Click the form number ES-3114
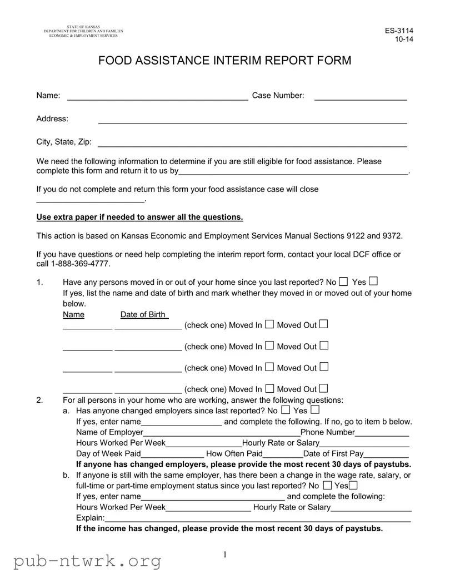pyautogui.click(x=399, y=31)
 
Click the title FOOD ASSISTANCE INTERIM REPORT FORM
pyautogui.click(x=224, y=61)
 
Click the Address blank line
pyautogui.click(x=252, y=120)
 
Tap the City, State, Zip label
pyautogui.click(x=64, y=142)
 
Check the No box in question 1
pyautogui.click(x=344, y=281)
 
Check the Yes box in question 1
pyautogui.click(x=373, y=281)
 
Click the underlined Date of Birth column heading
pyautogui.click(x=143, y=314)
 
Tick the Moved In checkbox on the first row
pyautogui.click(x=269, y=324)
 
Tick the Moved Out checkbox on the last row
pyautogui.click(x=324, y=388)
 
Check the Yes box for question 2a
pyautogui.click(x=315, y=410)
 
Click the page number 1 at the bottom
pyautogui.click(x=225, y=555)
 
